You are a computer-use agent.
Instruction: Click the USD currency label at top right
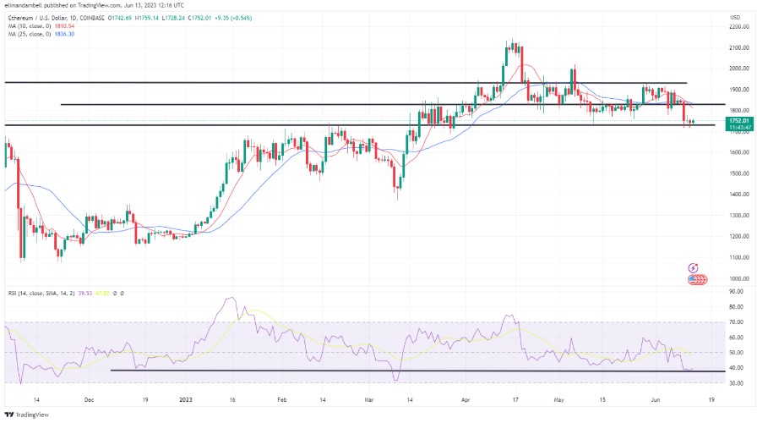(733, 14)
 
